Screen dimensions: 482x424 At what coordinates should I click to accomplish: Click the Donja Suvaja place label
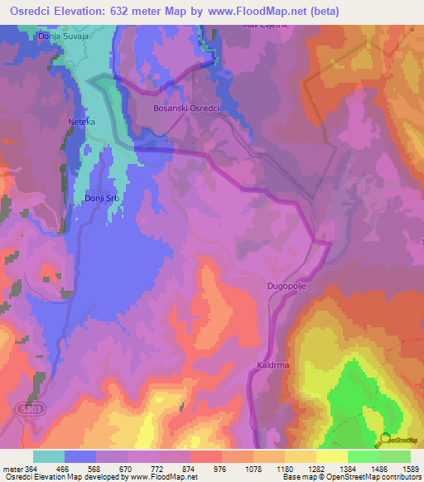pos(62,37)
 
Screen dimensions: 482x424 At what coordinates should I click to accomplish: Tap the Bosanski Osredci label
pos(185,108)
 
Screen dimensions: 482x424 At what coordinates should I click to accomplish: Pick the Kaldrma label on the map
pos(272,364)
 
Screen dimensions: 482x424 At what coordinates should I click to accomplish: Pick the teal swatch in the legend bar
pos(48,456)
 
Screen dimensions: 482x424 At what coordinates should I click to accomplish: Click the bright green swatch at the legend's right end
pos(395,456)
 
